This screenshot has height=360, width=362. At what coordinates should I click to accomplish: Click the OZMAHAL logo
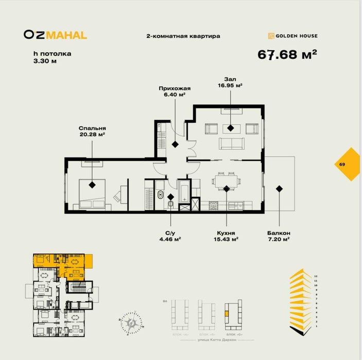pos(55,35)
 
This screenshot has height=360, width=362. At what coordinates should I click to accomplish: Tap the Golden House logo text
pos(296,36)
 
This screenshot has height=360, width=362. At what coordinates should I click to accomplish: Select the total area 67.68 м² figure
pos(287,55)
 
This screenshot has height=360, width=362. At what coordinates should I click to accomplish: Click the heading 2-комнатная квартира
pos(183,36)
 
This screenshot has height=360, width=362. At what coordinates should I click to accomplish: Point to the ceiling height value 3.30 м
pos(43,61)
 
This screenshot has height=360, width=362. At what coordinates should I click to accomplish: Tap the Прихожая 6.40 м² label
pos(172,91)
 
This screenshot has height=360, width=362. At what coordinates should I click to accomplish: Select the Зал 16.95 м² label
pos(230,82)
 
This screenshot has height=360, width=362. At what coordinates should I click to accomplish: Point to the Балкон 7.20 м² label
pos(279,235)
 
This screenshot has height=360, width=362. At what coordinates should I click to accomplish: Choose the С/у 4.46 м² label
pos(171,235)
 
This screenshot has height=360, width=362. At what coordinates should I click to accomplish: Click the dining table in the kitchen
pos(227,181)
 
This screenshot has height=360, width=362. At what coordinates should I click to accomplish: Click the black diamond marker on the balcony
pos(279,188)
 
